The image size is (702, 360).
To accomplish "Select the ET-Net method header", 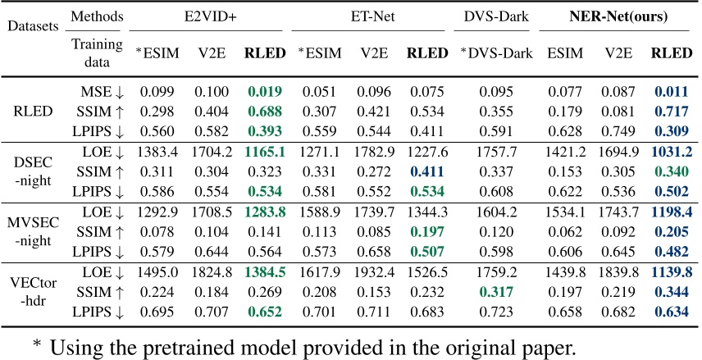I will click(x=374, y=16).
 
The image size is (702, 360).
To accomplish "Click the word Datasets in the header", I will click(x=33, y=26).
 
